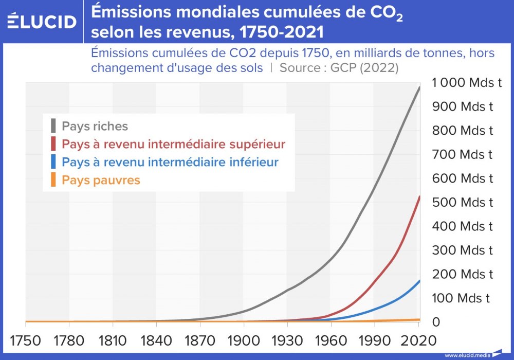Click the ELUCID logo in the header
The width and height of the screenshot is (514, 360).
click(x=42, y=22)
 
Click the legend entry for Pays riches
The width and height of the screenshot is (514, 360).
click(x=95, y=126)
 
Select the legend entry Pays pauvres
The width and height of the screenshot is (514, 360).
click(x=101, y=180)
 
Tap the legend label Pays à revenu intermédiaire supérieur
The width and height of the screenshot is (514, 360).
click(x=173, y=143)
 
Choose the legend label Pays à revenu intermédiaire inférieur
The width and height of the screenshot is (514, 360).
click(x=170, y=162)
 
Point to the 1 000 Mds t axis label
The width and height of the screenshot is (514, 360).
click(x=467, y=82)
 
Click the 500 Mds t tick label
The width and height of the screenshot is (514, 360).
click(x=462, y=202)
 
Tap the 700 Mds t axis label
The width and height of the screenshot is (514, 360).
click(x=462, y=154)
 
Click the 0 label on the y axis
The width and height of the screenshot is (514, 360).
click(x=436, y=322)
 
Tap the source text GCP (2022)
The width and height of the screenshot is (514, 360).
click(x=364, y=68)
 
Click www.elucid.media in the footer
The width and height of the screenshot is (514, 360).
click(x=467, y=355)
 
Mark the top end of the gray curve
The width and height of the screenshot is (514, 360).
click(x=419, y=87)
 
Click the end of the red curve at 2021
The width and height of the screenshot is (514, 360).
click(x=419, y=196)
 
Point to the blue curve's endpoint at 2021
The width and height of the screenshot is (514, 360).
click(x=419, y=281)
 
